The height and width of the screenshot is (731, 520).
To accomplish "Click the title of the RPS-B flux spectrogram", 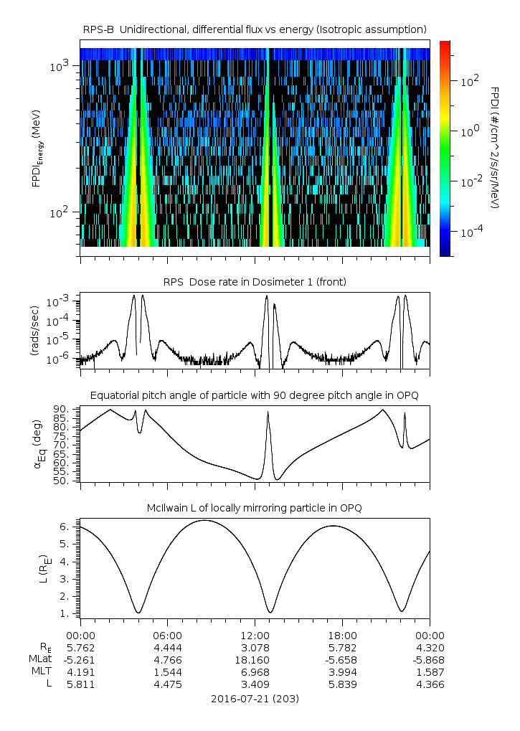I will point(255,29).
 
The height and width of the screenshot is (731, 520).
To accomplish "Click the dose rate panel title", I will point(255,282).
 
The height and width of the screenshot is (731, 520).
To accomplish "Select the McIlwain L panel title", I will point(255,508).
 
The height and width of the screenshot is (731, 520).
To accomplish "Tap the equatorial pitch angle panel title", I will point(255,395).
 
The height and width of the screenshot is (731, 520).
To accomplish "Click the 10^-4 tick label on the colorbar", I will point(471,232).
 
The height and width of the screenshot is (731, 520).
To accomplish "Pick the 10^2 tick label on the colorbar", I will point(469,81).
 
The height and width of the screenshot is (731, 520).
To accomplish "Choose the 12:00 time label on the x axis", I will point(255,635).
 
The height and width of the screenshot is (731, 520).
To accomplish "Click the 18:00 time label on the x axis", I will point(342,635).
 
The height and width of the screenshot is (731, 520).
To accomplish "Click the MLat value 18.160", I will point(255,659).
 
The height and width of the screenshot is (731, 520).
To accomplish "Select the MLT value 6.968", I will point(255,671).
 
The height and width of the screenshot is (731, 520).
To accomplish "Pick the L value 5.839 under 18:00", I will point(342,684).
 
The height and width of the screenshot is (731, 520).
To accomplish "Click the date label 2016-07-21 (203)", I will point(255,699).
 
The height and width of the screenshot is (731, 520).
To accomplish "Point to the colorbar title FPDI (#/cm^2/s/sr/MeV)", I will point(495,147).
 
